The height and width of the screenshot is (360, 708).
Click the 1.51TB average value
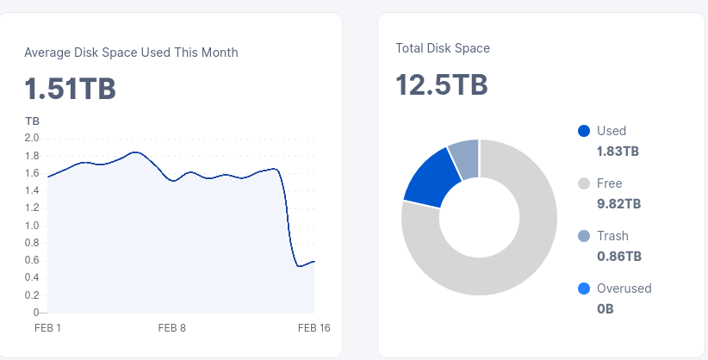(70, 89)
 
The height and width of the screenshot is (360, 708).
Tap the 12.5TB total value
(442, 85)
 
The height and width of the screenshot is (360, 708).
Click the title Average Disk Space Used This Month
(131, 53)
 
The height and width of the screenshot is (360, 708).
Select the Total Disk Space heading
(443, 48)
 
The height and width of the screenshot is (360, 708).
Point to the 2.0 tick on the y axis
(32, 138)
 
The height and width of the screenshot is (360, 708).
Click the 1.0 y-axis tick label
(32, 226)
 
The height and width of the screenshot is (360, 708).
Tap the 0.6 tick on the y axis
(32, 260)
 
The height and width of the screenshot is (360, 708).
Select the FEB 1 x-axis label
(47, 328)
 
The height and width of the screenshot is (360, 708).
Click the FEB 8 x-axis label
(172, 328)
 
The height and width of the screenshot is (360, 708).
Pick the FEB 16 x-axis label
(314, 328)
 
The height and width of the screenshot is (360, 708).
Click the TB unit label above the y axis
(32, 121)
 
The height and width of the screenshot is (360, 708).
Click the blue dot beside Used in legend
(584, 131)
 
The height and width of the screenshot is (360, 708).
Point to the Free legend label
(609, 183)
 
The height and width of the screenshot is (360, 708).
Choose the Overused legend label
(624, 289)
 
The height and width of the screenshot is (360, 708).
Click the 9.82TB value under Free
(618, 204)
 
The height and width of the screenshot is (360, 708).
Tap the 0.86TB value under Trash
(618, 257)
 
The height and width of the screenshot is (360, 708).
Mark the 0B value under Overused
(605, 309)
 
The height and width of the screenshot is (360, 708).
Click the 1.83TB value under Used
(618, 152)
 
